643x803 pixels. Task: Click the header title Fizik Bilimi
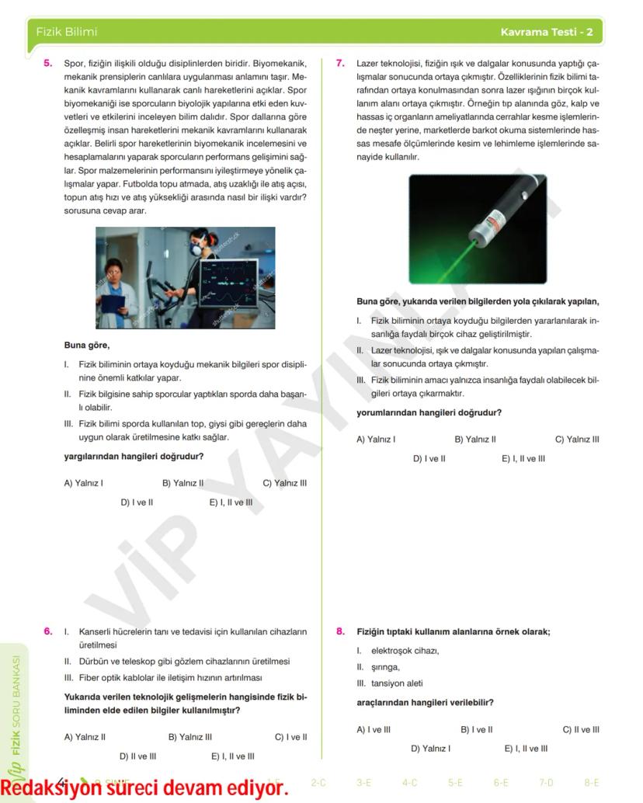[66, 32]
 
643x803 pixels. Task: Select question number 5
[48, 63]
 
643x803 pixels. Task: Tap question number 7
[340, 63]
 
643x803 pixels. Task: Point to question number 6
[48, 631]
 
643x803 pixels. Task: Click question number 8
[340, 631]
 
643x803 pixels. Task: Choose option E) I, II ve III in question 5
[231, 502]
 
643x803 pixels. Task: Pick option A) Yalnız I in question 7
[376, 440]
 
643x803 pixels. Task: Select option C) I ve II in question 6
[290, 737]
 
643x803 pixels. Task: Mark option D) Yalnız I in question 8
[430, 749]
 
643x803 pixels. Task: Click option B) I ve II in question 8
[476, 729]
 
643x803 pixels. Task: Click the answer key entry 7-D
[546, 783]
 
